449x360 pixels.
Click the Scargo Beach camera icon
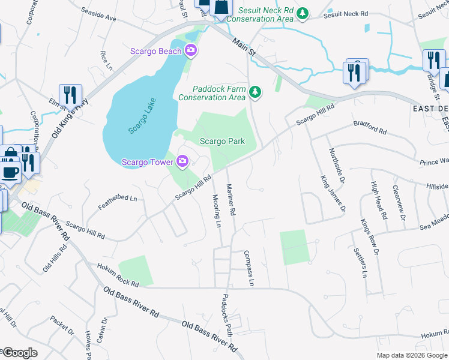pyautogui.click(x=191, y=50)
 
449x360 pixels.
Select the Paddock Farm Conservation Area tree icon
pyautogui.click(x=256, y=92)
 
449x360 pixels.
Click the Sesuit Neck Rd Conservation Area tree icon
pyautogui.click(x=303, y=13)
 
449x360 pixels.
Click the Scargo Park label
pyautogui.click(x=223, y=141)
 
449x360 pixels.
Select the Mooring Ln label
pyautogui.click(x=217, y=210)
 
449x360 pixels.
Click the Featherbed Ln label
pyautogui.click(x=118, y=203)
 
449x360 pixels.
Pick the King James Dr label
pyautogui.click(x=334, y=193)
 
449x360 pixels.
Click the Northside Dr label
pyautogui.click(x=336, y=167)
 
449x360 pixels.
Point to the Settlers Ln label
pyautogui.click(x=360, y=262)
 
